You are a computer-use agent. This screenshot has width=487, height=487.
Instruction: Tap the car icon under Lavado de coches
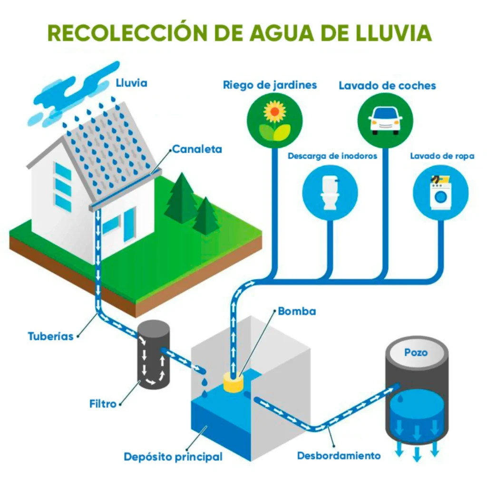(386, 118)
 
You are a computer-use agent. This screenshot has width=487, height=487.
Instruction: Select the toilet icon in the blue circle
(329, 193)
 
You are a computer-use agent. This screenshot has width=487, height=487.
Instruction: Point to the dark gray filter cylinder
(154, 354)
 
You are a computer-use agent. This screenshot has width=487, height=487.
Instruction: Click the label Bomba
(297, 312)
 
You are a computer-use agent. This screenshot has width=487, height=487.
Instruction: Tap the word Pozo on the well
(416, 352)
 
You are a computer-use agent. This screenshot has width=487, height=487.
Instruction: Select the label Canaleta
(197, 149)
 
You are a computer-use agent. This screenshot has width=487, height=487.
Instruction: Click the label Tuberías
(51, 336)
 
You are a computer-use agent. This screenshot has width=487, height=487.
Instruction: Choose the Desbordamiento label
(339, 456)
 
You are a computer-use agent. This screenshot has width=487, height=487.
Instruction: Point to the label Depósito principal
(173, 457)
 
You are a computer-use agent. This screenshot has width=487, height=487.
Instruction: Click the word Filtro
(103, 404)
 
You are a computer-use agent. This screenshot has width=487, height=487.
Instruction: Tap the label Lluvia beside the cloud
(132, 83)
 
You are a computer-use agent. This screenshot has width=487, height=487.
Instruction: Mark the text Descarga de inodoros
(332, 156)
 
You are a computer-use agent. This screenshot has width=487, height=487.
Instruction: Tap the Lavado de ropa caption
(442, 156)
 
